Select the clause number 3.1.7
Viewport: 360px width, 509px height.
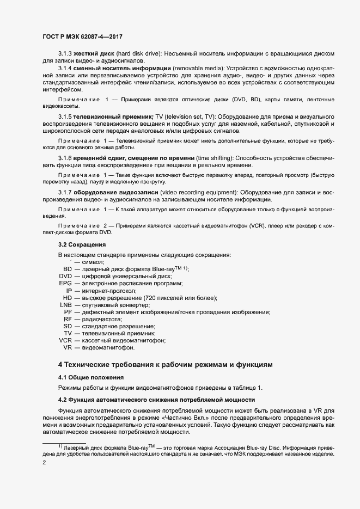click(66, 193)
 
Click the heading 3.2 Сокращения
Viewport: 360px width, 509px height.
click(82, 244)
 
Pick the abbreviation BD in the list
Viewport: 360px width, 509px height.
click(68, 269)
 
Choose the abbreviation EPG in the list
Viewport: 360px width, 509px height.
click(65, 284)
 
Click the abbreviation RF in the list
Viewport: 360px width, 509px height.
click(68, 319)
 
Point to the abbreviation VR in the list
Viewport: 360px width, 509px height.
click(68, 347)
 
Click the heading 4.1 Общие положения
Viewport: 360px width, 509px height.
click(91, 377)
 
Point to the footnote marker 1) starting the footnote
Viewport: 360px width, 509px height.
click(60, 446)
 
